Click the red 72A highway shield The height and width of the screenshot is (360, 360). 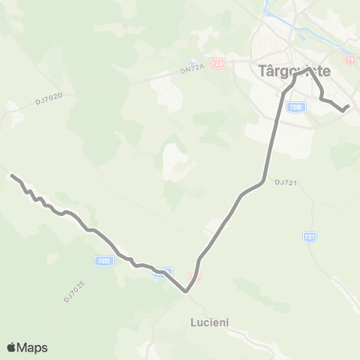(217, 64)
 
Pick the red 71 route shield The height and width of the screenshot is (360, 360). (350, 59)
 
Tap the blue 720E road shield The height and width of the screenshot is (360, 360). (296, 108)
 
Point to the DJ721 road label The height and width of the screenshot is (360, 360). (286, 182)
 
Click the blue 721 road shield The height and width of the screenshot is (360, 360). (310, 237)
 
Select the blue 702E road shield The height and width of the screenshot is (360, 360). (104, 261)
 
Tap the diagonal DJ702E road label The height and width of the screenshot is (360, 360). (73, 289)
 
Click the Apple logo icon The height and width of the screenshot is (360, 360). (13, 347)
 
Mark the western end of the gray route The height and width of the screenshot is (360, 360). (11, 175)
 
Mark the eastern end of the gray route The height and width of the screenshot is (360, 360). (347, 106)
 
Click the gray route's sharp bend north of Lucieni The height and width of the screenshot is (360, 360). (185, 292)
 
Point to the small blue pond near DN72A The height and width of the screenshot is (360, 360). (193, 62)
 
